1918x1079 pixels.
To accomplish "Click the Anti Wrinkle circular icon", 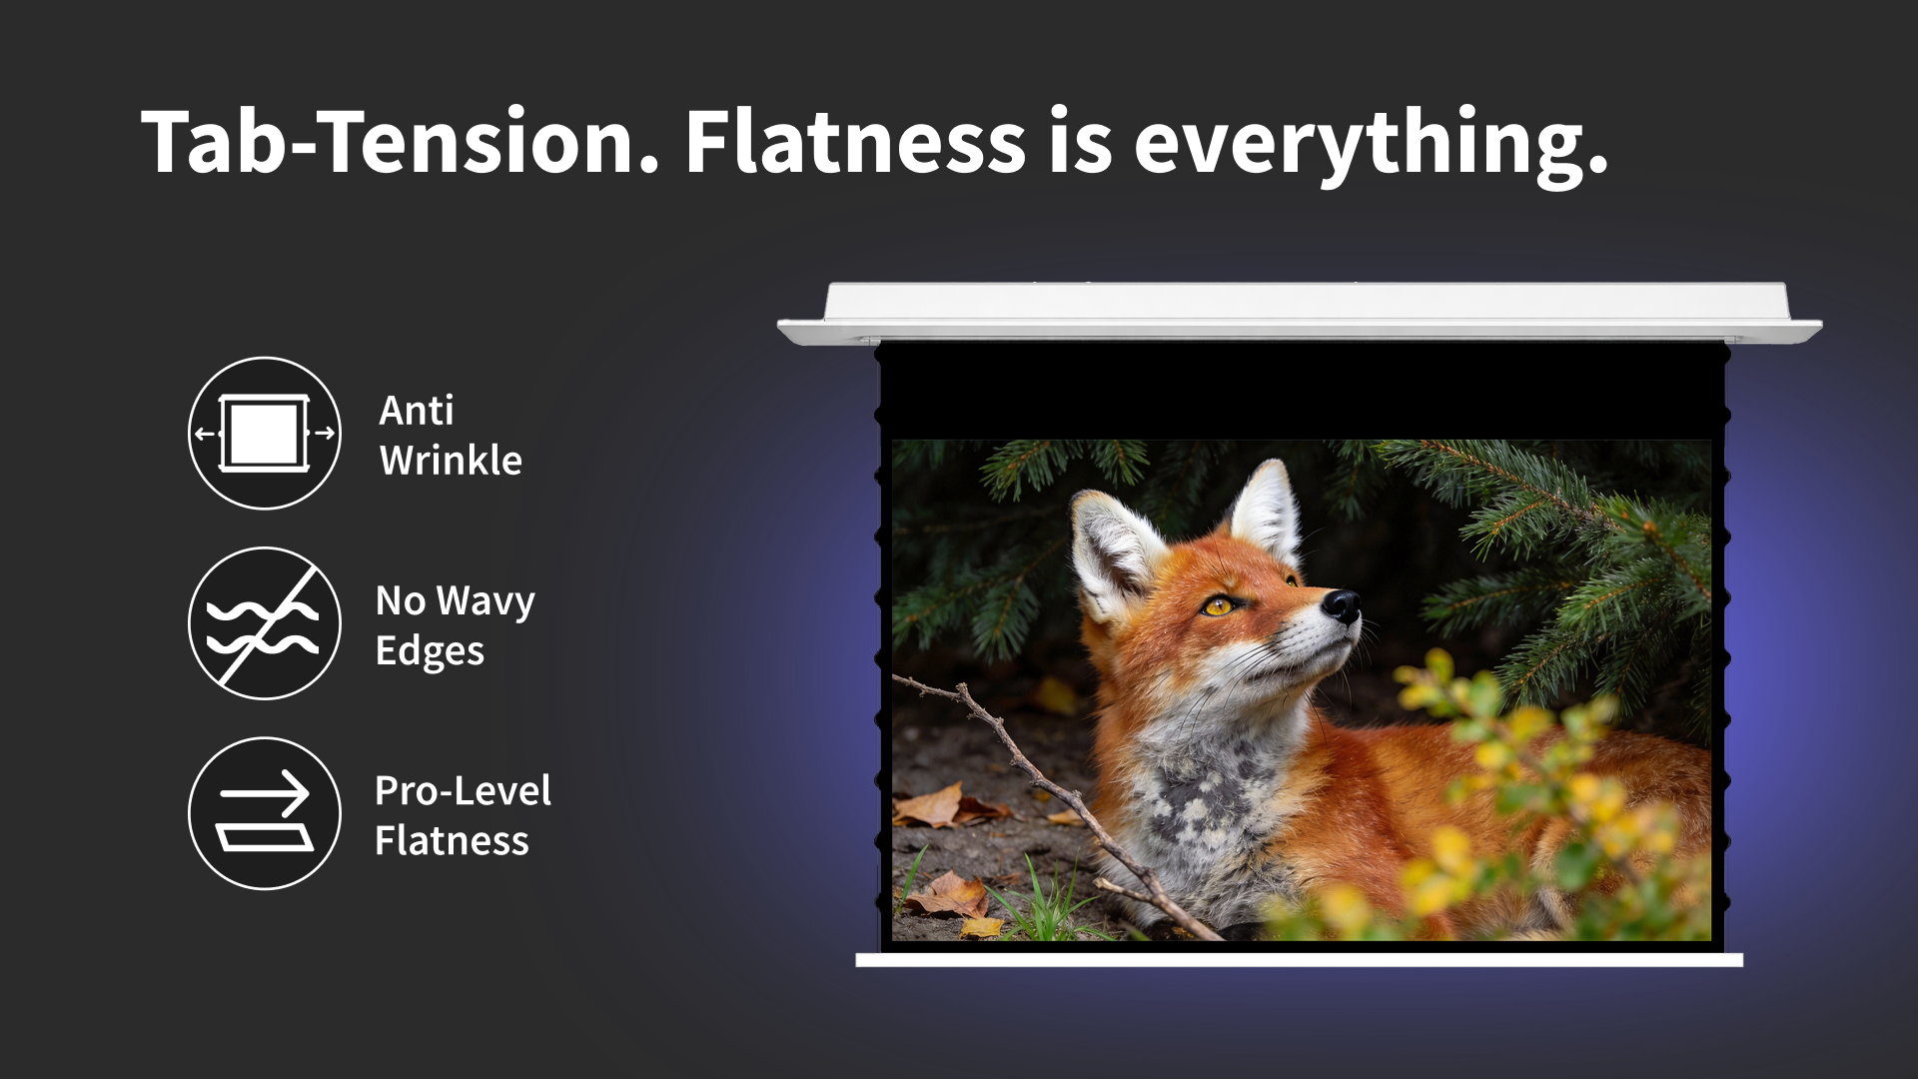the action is pos(265,434).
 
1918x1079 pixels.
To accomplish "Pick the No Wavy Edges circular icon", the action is pos(265,623).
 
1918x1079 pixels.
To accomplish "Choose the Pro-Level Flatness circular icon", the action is pos(265,813).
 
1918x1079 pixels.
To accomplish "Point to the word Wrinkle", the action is pos(451,461).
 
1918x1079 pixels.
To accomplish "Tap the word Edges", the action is pos(430,652).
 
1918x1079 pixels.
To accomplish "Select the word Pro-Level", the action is pos(463,790).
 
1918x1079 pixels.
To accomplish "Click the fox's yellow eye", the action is pos(1219,605).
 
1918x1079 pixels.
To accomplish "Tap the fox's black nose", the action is pos(1342,604).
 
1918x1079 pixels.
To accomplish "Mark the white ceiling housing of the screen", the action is pos(1300,313).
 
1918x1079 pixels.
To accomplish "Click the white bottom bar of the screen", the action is pos(1300,960).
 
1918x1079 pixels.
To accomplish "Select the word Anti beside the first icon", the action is pos(417,411).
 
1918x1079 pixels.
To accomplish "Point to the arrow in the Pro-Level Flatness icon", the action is pos(265,794).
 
